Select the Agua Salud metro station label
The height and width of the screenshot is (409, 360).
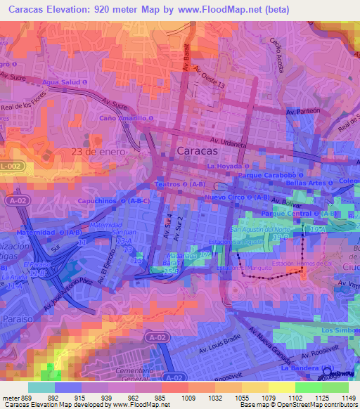(65, 82)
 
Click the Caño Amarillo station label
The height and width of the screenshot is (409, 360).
(127, 118)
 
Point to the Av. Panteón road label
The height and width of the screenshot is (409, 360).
(303, 112)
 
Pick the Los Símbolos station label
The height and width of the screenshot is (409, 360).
(340, 330)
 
